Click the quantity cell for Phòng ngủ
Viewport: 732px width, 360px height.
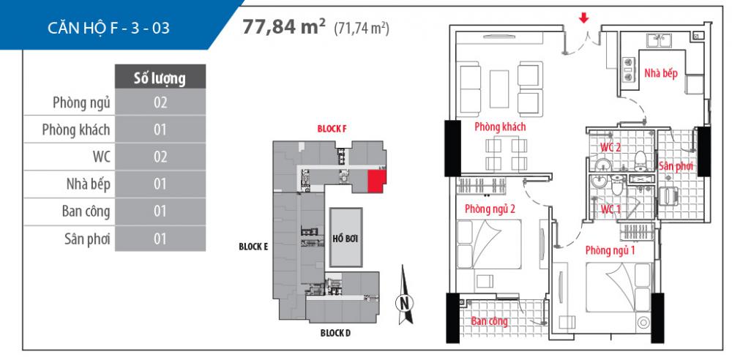[x=161, y=103]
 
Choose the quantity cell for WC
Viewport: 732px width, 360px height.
[x=161, y=157]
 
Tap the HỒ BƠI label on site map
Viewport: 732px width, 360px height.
[x=344, y=239]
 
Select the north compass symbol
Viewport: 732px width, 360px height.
[x=403, y=301]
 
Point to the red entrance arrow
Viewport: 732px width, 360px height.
[x=583, y=18]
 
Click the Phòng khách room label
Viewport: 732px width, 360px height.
[x=501, y=127]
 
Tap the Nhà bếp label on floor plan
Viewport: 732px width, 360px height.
[x=660, y=73]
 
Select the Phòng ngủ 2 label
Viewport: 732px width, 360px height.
[x=490, y=209]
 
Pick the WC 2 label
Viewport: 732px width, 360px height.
[x=610, y=148]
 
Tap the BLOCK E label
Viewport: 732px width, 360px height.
[x=253, y=247]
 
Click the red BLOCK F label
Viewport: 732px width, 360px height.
[x=332, y=128]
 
